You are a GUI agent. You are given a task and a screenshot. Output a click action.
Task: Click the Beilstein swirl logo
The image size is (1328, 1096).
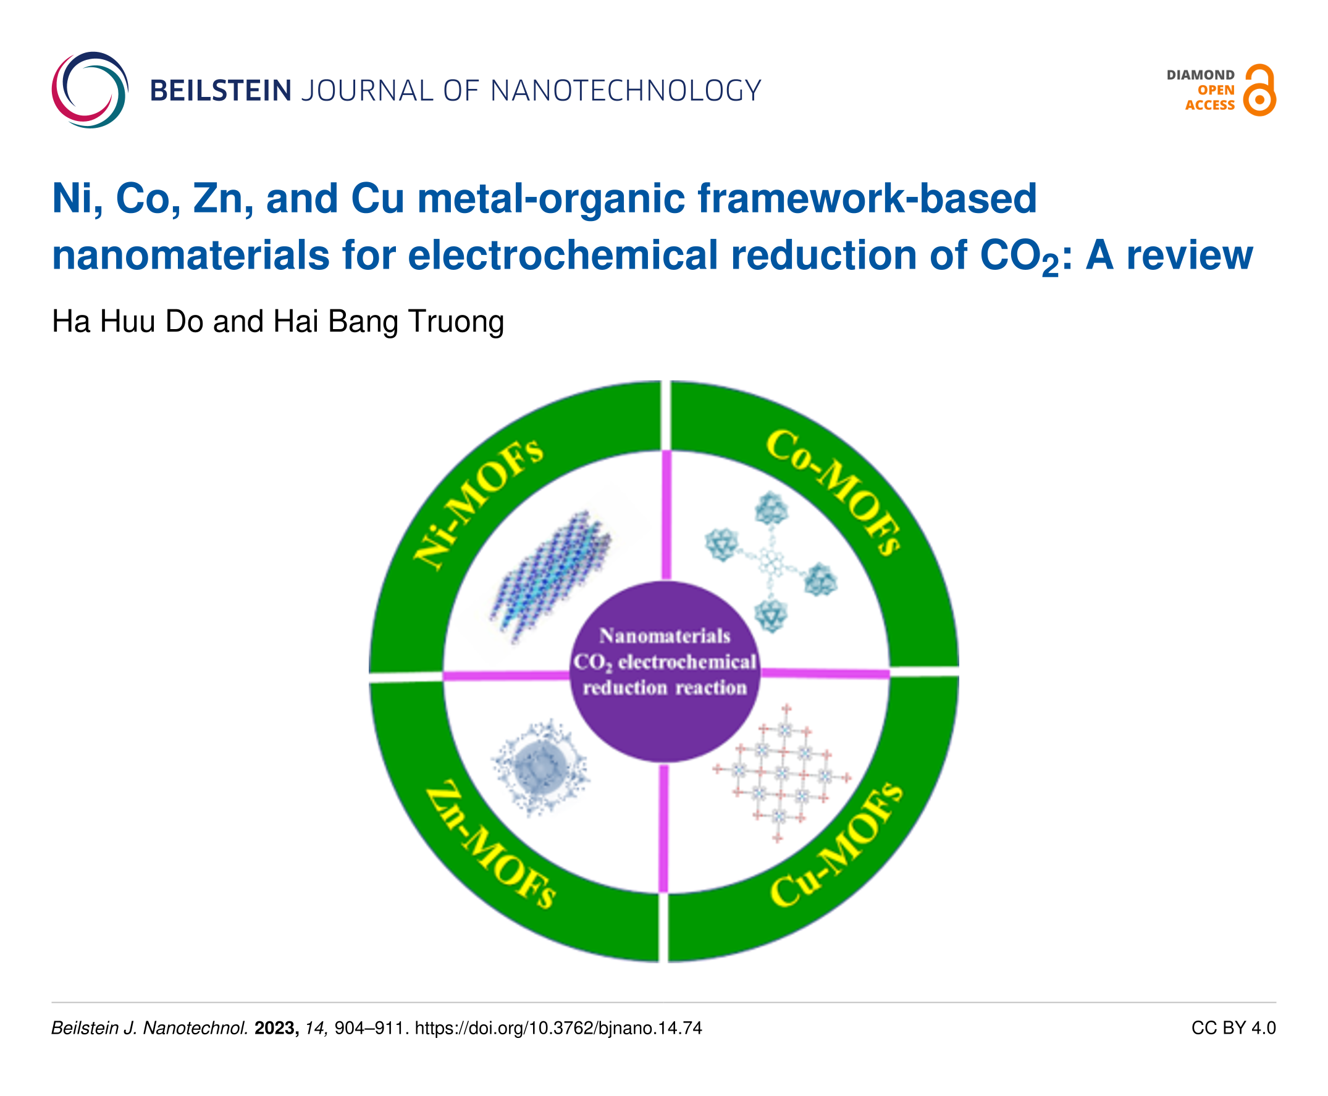(90, 90)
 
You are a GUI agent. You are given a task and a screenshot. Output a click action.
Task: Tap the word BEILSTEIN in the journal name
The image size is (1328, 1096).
(221, 91)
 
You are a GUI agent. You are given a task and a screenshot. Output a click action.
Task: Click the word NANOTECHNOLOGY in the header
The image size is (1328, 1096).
(625, 91)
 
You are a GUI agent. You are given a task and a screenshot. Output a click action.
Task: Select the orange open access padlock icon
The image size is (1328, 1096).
(1259, 91)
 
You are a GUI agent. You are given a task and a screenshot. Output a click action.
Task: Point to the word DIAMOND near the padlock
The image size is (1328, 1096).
(1200, 75)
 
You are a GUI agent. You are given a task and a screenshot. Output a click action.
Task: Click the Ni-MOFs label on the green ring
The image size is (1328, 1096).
(477, 503)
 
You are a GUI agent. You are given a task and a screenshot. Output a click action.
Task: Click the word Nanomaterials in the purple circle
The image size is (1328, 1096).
(665, 636)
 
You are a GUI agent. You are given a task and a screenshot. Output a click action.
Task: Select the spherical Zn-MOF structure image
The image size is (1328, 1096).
(540, 766)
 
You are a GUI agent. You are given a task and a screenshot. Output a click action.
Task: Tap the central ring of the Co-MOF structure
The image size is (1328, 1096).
(770, 561)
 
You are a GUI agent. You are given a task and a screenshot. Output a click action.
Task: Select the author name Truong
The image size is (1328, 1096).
(456, 321)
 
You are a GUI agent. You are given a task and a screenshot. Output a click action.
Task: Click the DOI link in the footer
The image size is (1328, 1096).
(558, 1029)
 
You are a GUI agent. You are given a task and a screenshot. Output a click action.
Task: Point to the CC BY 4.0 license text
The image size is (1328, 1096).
(1233, 1029)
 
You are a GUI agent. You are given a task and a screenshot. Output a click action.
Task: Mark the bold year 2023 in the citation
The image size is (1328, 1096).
(276, 1029)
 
